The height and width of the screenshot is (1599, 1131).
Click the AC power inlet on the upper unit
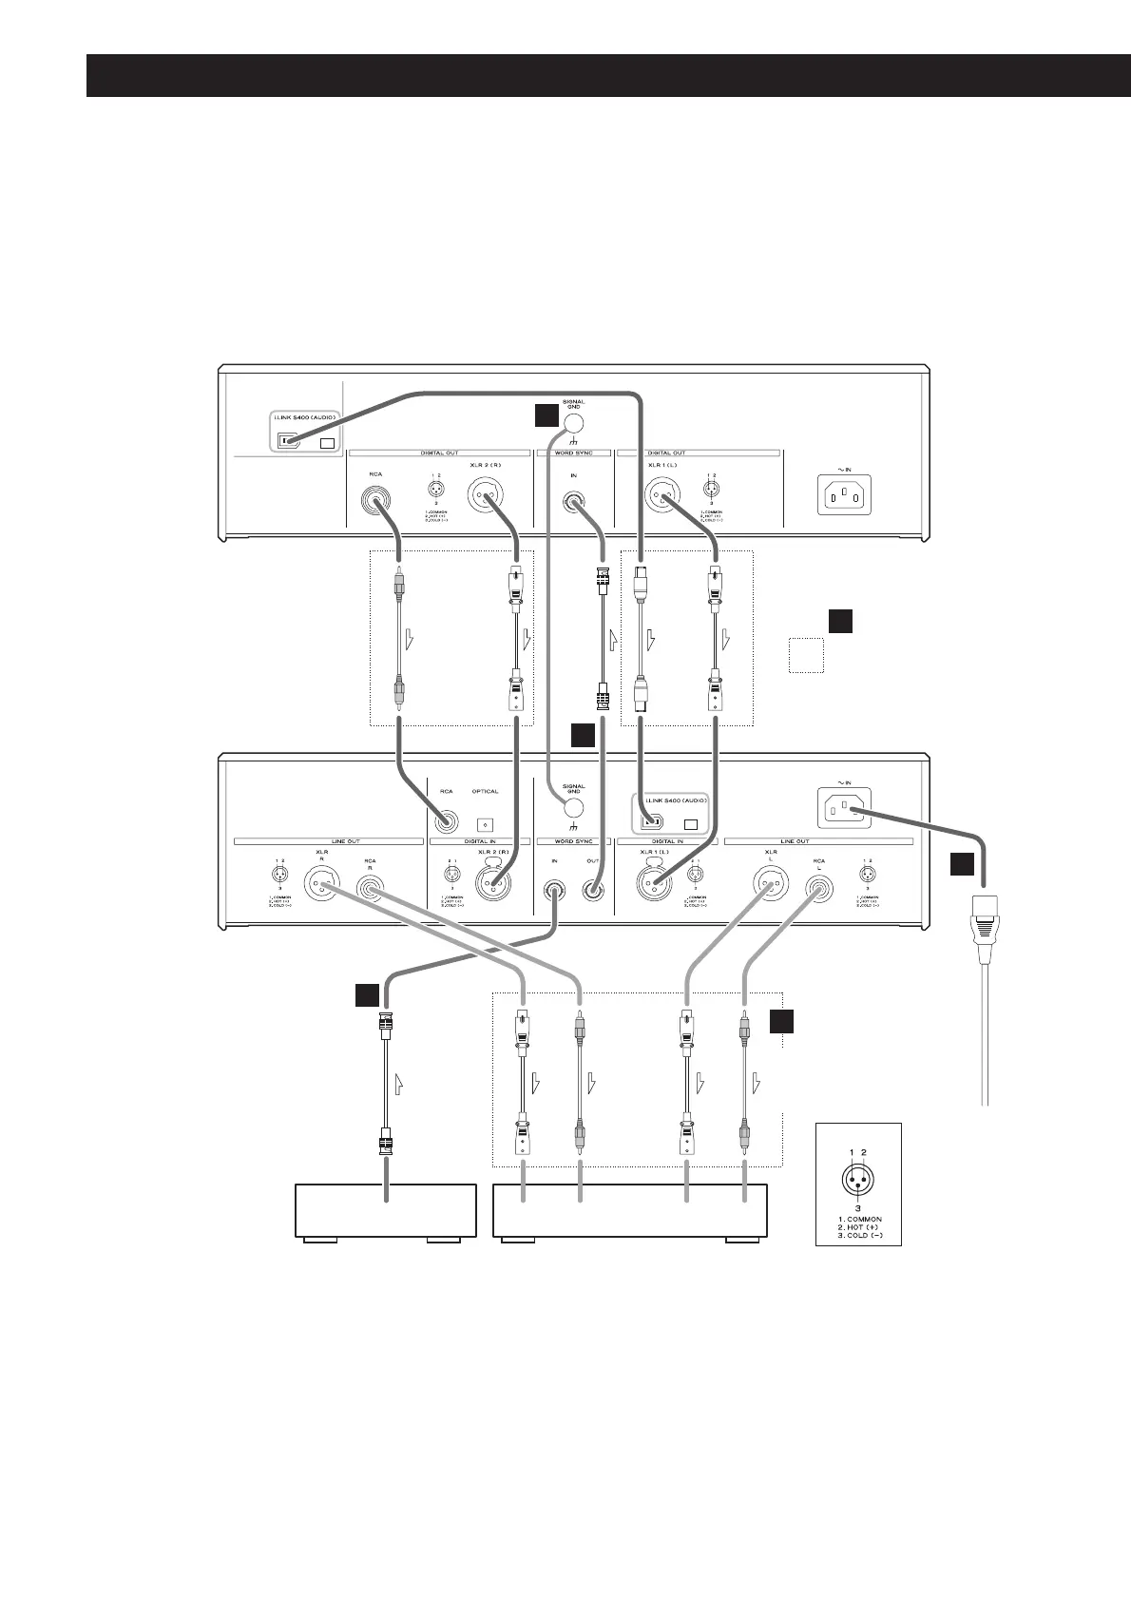(843, 494)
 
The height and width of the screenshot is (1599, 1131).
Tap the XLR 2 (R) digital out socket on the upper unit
(486, 496)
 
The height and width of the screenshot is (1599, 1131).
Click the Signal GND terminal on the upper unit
(573, 423)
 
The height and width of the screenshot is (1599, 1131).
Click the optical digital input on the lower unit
(485, 823)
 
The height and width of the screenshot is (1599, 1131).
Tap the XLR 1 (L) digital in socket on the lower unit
(655, 888)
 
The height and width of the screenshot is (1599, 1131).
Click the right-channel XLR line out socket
(321, 888)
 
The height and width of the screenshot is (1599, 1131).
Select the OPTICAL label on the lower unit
(485, 791)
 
